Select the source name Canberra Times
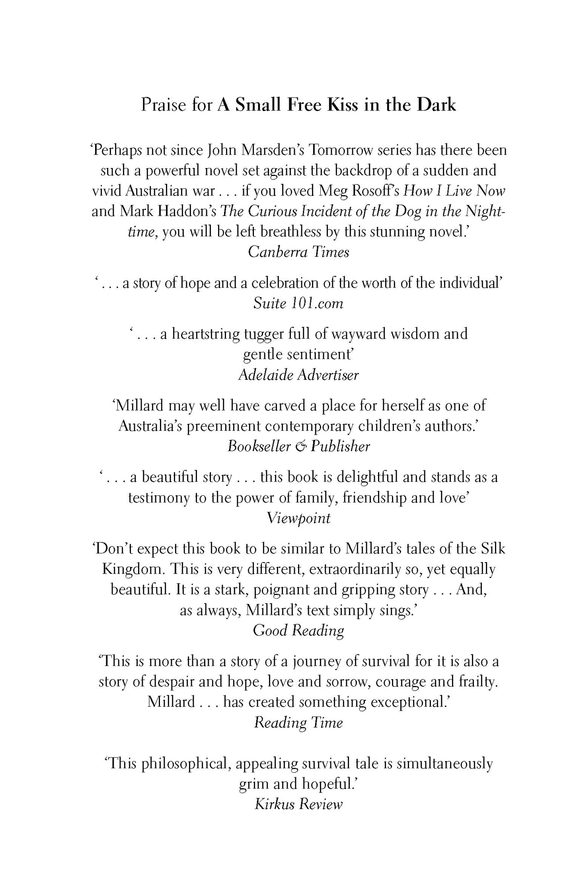(x=298, y=252)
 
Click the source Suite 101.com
(x=298, y=303)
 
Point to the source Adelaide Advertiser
(x=298, y=375)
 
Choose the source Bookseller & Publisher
(x=298, y=446)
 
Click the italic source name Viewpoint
(x=298, y=518)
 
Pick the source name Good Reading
(x=298, y=630)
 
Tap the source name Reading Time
(x=298, y=722)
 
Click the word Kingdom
(x=133, y=569)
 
